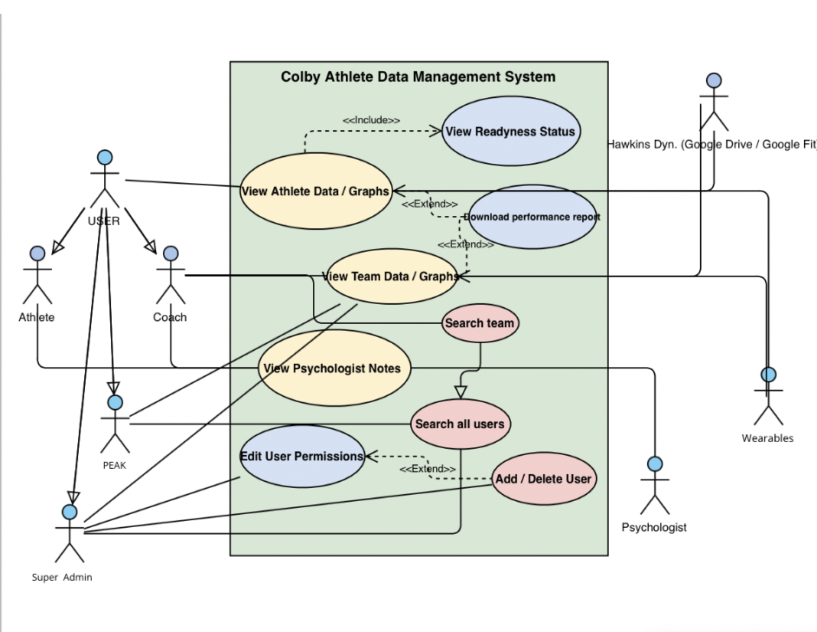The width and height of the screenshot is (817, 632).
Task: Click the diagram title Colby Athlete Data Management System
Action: pos(418,77)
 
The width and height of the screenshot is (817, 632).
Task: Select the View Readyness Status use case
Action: pos(509,131)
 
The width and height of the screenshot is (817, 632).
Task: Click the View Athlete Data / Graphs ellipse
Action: pos(315,191)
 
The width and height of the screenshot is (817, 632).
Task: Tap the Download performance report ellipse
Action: pos(532,217)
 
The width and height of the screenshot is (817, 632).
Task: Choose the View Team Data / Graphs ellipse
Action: pos(390,277)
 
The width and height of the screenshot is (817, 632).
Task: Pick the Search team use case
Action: pos(480,323)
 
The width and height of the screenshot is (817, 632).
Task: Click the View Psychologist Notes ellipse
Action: pos(333,368)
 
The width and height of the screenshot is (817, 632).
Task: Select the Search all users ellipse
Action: pos(460,425)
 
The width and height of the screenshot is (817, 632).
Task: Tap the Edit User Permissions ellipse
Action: pos(302,456)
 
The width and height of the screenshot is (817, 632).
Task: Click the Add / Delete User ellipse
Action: pos(544,478)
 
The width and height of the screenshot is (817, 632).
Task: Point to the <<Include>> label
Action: pos(371,120)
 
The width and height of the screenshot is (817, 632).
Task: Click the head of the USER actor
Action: pos(105,157)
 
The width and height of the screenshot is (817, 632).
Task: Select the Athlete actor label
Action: pos(36,317)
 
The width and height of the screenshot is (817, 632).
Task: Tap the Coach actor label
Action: pos(170,317)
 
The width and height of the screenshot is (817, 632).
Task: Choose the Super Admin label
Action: pos(62,577)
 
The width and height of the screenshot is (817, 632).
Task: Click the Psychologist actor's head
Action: pos(655,464)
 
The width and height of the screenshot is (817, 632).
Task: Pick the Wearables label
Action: pos(768,438)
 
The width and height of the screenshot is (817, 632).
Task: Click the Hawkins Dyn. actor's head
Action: pos(713,81)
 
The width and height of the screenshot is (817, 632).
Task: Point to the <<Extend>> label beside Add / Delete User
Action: pos(428,469)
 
